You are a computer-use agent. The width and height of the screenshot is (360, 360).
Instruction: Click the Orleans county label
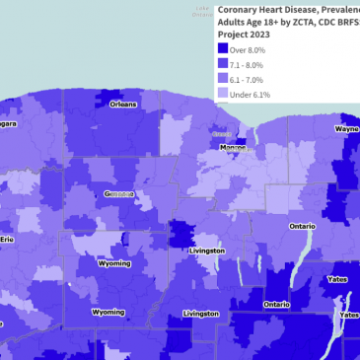point(123,104)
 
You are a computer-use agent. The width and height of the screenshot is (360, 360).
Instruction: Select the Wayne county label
point(346,129)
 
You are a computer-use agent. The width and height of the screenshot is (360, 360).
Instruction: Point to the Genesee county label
point(121,193)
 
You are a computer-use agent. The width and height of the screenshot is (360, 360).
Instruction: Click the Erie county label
point(7,239)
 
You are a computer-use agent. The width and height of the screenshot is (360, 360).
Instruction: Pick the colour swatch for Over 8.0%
point(223,48)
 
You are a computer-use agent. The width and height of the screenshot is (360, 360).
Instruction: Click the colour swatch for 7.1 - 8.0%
point(223,64)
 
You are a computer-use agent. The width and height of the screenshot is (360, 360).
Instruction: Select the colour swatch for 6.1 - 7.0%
point(223,79)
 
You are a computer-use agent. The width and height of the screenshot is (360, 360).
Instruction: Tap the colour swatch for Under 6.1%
point(223,95)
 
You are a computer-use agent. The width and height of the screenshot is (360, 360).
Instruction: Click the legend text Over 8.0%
point(251,49)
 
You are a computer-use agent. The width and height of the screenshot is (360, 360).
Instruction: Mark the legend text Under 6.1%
point(252,95)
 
